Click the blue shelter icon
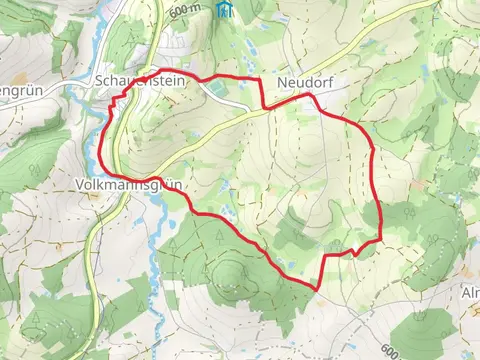tap(226, 8)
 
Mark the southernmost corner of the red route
tap(318, 290)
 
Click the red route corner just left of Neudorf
tap(262, 106)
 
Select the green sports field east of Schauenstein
tap(232, 100)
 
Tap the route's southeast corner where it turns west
tap(380, 240)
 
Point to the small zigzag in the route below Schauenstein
tap(119, 100)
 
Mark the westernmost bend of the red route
tap(101, 150)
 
